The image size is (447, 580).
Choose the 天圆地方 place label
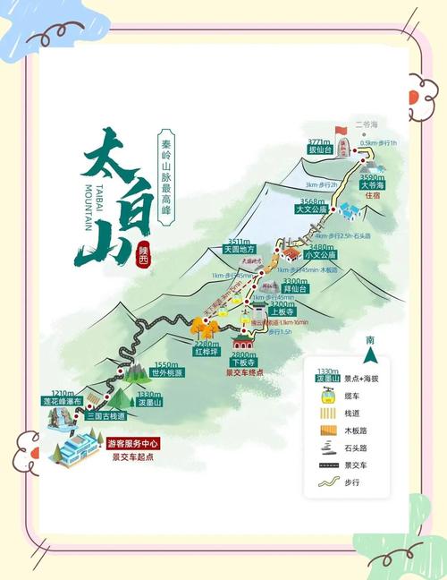[239, 250]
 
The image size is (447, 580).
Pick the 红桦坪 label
[207, 353]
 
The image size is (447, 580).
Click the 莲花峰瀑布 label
[63, 402]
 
